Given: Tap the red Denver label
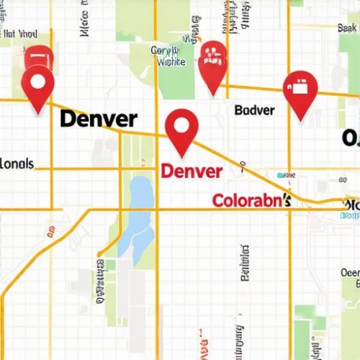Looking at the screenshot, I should pos(192,171).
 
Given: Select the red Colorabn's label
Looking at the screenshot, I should pos(251,200).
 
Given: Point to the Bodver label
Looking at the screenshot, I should pos(254,110).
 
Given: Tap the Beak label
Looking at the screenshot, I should pos(347,27).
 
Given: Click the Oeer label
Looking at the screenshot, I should pos(349,273).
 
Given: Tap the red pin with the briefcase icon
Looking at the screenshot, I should pos(300,92).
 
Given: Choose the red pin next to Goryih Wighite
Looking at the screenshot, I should pos(212,65).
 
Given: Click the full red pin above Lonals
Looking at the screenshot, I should pos(37,87).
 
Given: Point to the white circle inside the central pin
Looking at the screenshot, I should pos(181,125).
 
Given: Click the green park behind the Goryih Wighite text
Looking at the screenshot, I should pos(176,79).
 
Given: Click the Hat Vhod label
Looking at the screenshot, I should pos(19,32).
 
